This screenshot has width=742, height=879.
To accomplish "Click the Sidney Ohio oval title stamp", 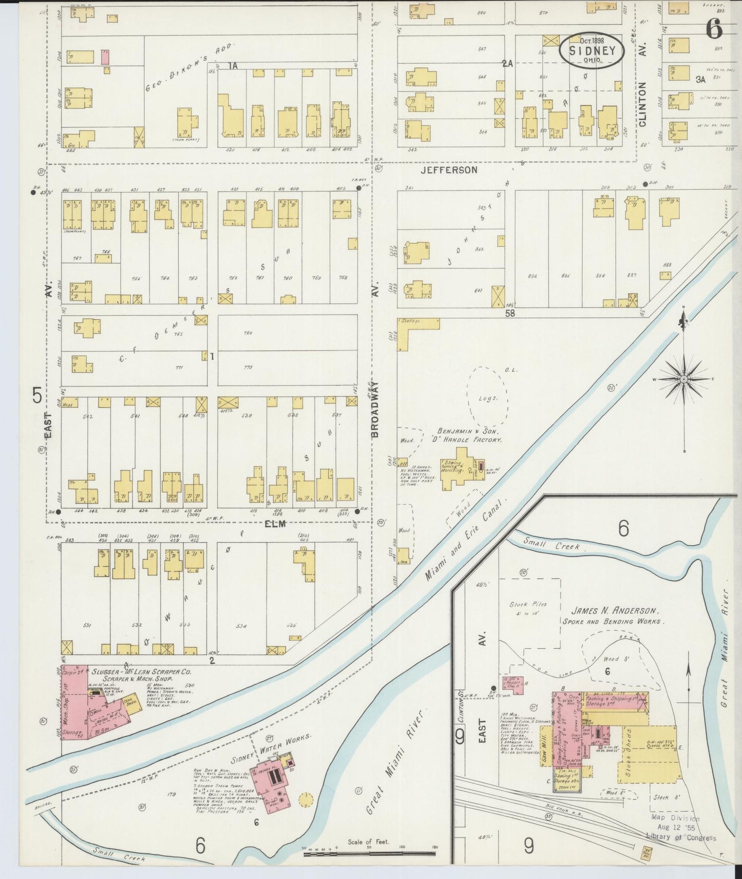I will click(x=592, y=50).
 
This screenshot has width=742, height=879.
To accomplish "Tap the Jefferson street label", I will click(x=449, y=170).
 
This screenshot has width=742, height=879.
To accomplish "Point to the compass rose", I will click(x=683, y=379).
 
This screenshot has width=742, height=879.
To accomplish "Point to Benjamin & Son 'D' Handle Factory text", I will click(x=469, y=435).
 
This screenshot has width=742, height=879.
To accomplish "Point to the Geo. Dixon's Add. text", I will click(x=189, y=67).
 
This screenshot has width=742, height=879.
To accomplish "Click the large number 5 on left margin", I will click(x=37, y=396).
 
